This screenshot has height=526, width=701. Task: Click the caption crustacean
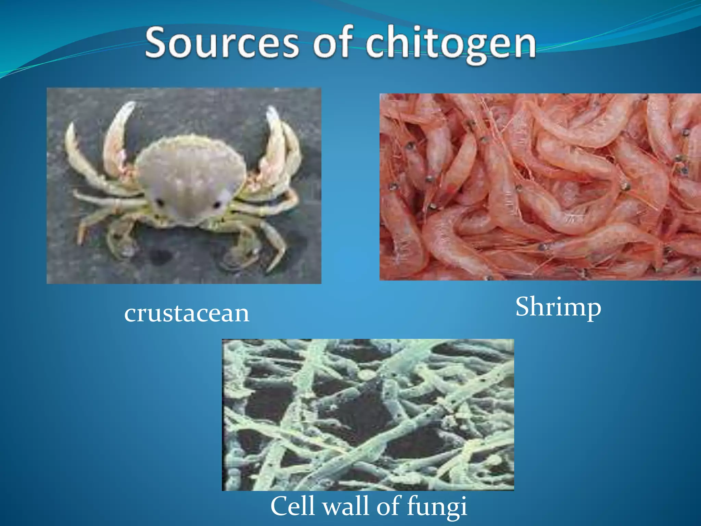point(187,313)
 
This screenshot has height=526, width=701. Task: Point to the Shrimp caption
point(558,307)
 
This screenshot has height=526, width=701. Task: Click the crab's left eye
point(159,202)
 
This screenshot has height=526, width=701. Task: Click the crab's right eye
point(217,205)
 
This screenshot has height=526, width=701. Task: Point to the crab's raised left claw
point(118,134)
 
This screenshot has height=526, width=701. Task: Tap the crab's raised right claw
point(276,137)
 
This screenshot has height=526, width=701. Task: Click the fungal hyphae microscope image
point(368,415)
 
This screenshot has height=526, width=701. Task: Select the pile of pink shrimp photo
point(540,187)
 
